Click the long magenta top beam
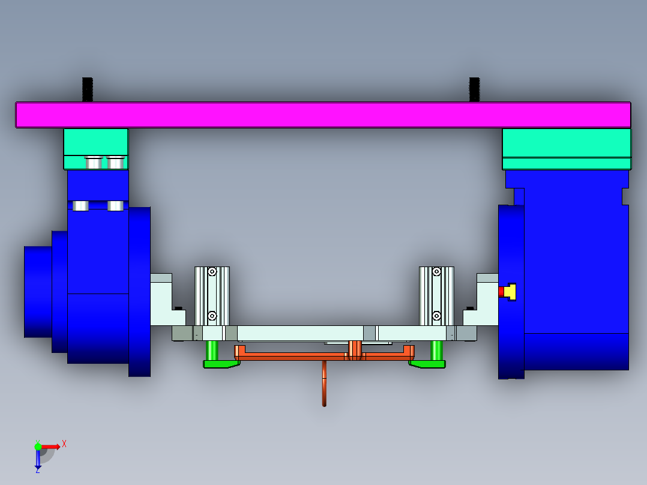click(323, 115)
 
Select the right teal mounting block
click(566, 143)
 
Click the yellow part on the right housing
click(511, 292)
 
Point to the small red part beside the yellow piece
click(501, 292)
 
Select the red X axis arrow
click(51, 446)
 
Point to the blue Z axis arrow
click(38, 460)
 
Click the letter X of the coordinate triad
click(64, 444)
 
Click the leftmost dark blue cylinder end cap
click(38, 291)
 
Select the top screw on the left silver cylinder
click(212, 272)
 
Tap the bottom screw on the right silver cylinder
click(436, 315)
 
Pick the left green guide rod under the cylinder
click(212, 349)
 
